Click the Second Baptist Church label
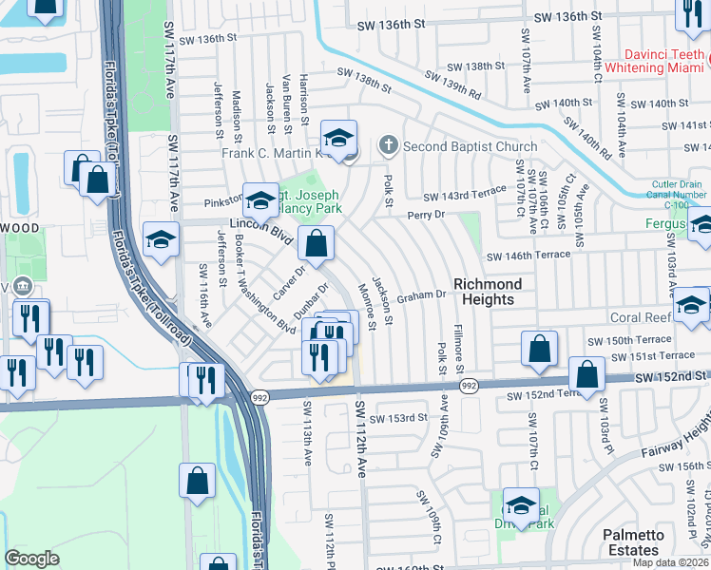click(470, 146)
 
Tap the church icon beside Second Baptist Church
click(387, 146)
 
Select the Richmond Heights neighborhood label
click(487, 292)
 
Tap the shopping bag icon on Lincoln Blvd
click(316, 243)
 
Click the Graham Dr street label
click(421, 295)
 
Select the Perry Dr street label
click(427, 216)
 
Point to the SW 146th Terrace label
click(528, 256)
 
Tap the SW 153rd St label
click(398, 418)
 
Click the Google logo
click(32, 559)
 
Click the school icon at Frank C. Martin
click(338, 139)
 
